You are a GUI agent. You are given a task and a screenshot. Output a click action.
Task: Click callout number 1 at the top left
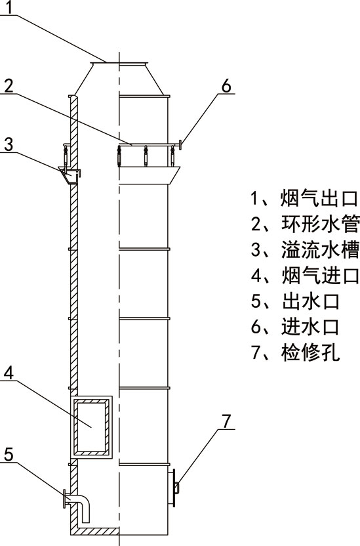pyautogui.click(x=9, y=7)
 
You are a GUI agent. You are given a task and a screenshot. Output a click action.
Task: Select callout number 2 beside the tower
pyautogui.click(x=9, y=86)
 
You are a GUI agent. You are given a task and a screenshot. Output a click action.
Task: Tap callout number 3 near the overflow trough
pyautogui.click(x=9, y=144)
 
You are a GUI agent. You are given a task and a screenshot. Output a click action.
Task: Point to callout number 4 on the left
pyautogui.click(x=9, y=373)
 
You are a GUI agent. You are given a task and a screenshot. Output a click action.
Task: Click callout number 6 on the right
pyautogui.click(x=226, y=86)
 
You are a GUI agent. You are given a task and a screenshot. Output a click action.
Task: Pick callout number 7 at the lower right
pyautogui.click(x=226, y=421)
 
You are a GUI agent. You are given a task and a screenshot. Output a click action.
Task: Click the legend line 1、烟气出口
pyautogui.click(x=304, y=198)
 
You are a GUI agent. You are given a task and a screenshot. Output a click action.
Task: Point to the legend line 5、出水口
pyautogui.click(x=295, y=302)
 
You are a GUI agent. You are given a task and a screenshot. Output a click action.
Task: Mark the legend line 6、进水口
pyautogui.click(x=295, y=327)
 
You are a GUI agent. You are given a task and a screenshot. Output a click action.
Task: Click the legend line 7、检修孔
pyautogui.click(x=295, y=353)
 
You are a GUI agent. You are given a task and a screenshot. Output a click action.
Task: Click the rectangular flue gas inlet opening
pyautogui.click(x=91, y=427)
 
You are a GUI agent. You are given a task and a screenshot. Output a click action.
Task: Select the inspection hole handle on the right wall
pyautogui.click(x=176, y=488)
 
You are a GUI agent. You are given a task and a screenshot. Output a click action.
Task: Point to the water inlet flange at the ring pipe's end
pyautogui.click(x=180, y=144)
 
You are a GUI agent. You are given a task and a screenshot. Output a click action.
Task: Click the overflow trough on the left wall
pyautogui.click(x=70, y=175)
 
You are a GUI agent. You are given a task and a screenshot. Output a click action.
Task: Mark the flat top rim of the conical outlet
pyautogui.click(x=118, y=63)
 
